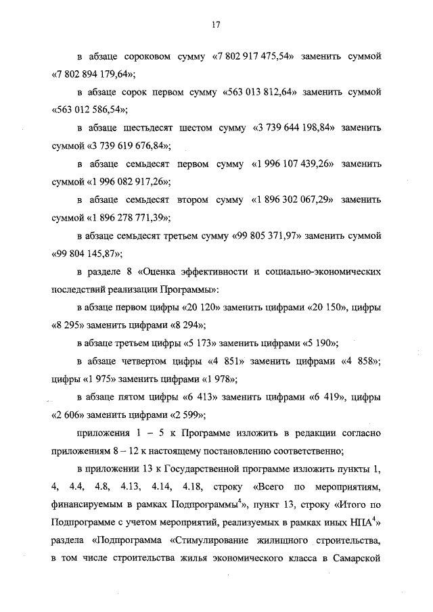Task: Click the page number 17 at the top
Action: (216, 24)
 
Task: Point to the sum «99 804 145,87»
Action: (87, 255)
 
